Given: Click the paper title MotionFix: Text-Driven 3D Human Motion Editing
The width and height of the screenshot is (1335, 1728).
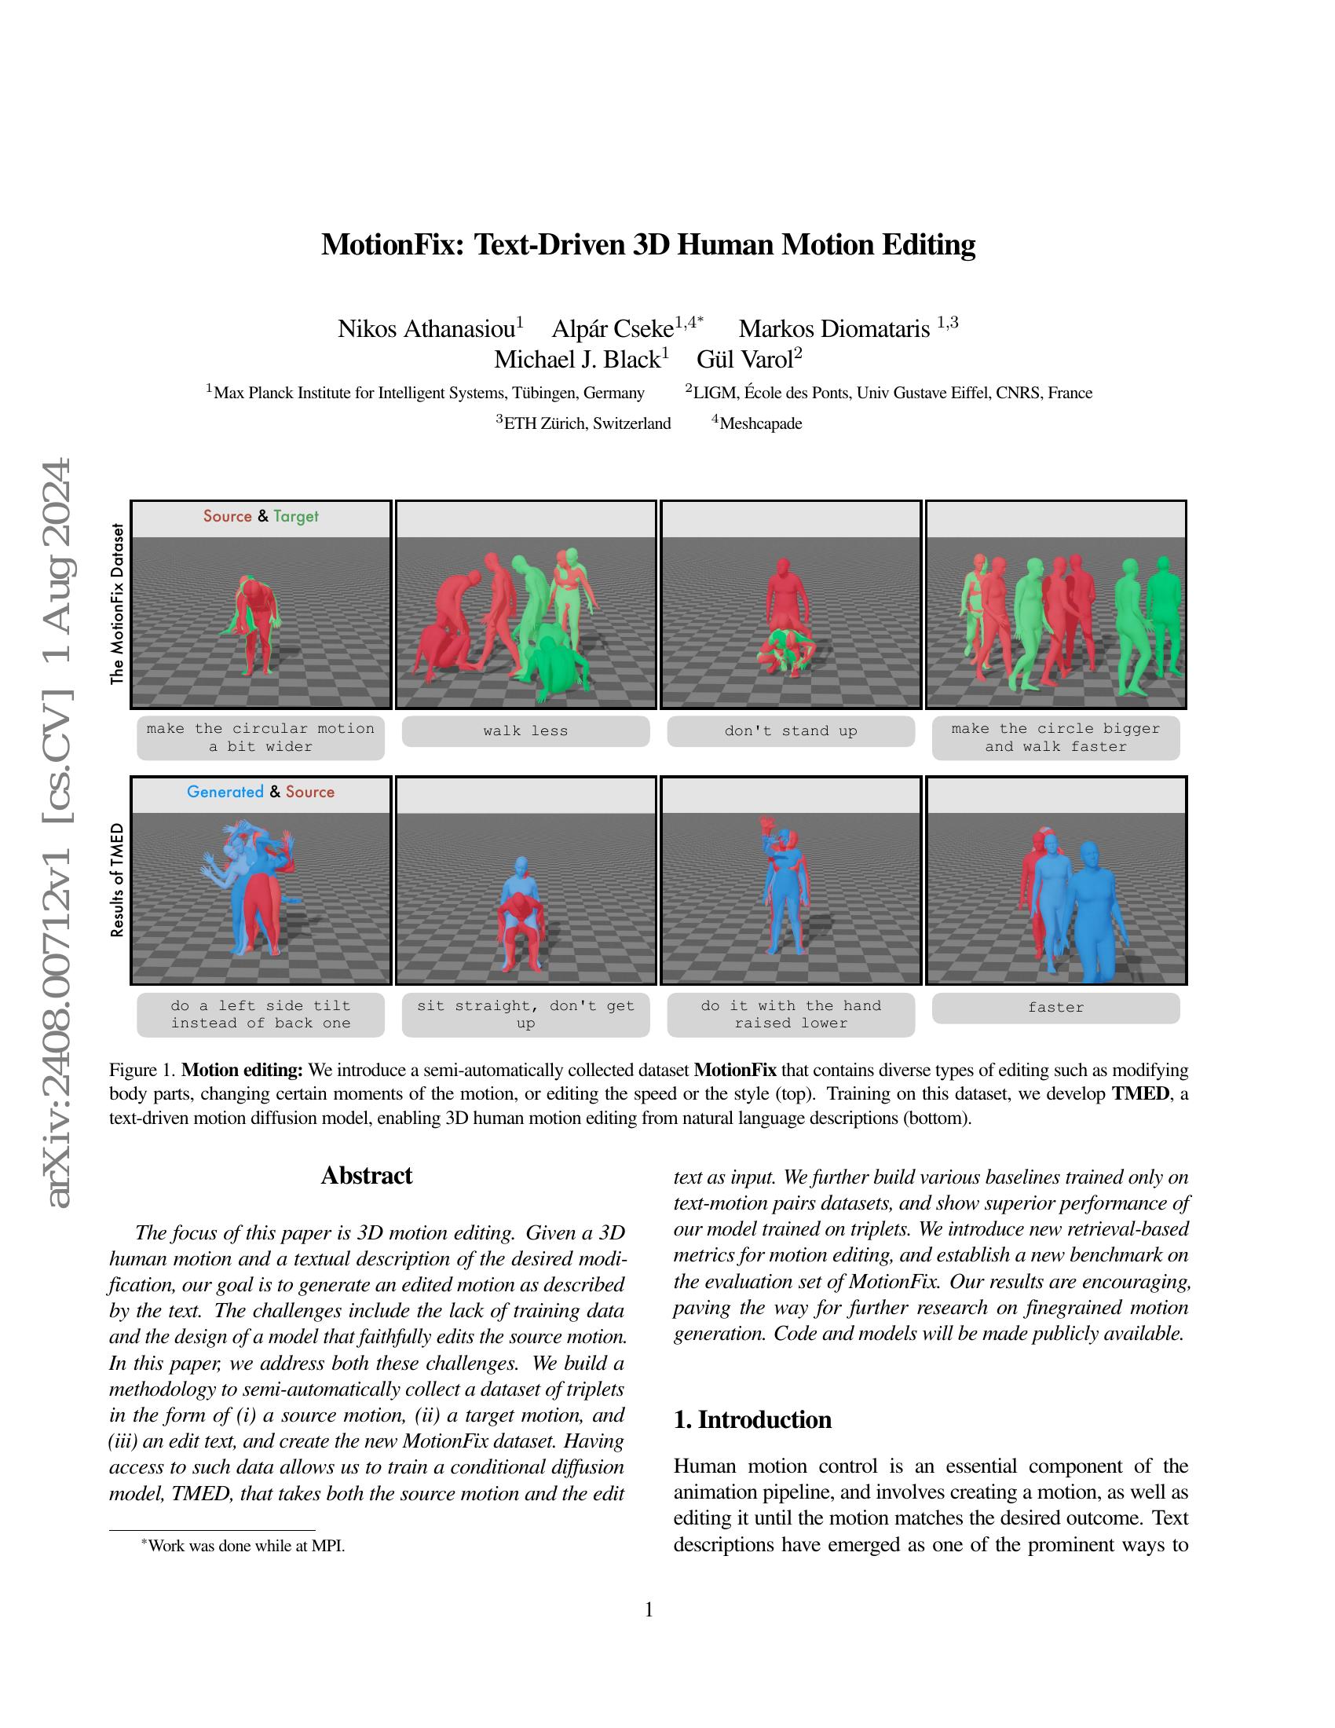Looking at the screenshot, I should (x=648, y=244).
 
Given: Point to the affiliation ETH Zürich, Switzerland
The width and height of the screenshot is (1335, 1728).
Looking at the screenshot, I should (x=586, y=423).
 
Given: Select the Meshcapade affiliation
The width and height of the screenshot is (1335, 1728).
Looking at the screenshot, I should (x=760, y=423).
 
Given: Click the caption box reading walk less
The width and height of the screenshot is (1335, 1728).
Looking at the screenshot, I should (x=525, y=731).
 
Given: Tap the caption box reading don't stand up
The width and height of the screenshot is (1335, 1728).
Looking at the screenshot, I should (x=790, y=731).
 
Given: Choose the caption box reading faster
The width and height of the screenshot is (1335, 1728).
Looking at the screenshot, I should (x=1055, y=1007).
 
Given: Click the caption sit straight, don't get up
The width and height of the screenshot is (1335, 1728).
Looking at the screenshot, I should (x=525, y=1013).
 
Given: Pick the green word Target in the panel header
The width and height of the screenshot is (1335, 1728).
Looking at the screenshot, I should (x=296, y=516).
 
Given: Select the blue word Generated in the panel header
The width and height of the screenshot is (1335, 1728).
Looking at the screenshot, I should (x=225, y=792).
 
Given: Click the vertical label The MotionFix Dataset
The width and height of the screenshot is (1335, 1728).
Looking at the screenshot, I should (x=117, y=603).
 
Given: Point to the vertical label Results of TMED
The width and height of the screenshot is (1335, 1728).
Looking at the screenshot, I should (x=117, y=880).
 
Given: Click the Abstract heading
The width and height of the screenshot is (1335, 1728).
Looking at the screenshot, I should (x=366, y=1176).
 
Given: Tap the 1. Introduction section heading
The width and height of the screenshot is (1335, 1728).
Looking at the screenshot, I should (x=752, y=1419).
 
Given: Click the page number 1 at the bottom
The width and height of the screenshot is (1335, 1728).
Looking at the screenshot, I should (x=649, y=1609).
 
